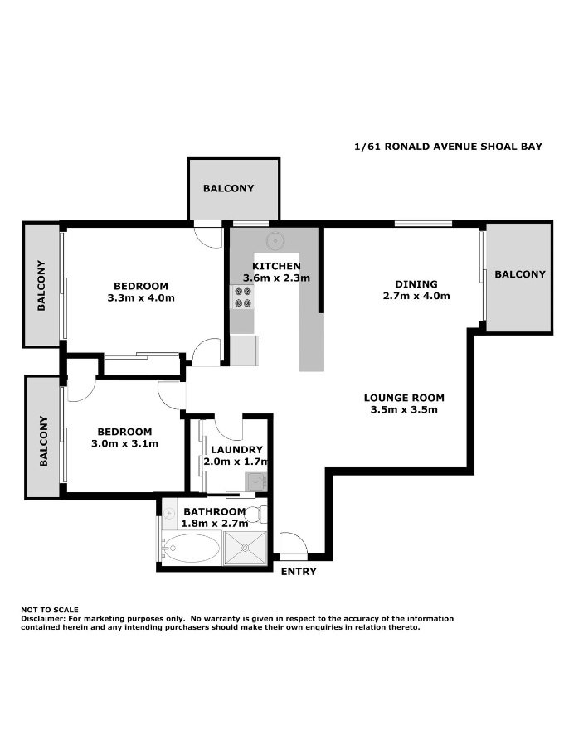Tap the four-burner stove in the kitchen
click(x=243, y=297)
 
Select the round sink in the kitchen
click(x=275, y=240)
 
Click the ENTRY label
click(x=299, y=572)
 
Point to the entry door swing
click(x=292, y=544)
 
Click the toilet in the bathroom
click(x=263, y=514)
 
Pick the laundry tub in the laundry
click(x=255, y=480)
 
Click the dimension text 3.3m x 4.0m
click(x=141, y=297)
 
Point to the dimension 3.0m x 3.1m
click(x=124, y=443)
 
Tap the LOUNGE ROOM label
click(x=404, y=398)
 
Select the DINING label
click(x=416, y=283)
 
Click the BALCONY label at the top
click(x=229, y=188)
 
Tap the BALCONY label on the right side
click(x=520, y=274)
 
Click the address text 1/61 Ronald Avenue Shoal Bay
click(x=448, y=147)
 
